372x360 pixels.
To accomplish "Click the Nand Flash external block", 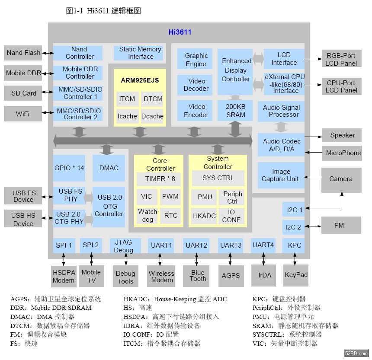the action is pyautogui.click(x=23, y=53).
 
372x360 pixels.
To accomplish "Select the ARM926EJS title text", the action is pyautogui.click(x=140, y=80).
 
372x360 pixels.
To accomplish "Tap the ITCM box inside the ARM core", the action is pyautogui.click(x=127, y=99).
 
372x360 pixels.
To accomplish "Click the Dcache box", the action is pyautogui.click(x=152, y=116).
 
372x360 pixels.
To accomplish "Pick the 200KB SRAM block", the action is pyautogui.click(x=235, y=111).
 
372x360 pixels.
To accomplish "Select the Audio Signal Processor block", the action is pyautogui.click(x=281, y=111).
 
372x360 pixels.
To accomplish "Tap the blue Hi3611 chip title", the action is pyautogui.click(x=180, y=32).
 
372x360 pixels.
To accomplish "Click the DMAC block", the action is pyautogui.click(x=109, y=168).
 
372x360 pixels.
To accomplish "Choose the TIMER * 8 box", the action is pyautogui.click(x=160, y=179).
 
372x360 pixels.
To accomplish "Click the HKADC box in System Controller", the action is pyautogui.click(x=204, y=216).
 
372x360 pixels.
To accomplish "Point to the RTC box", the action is pyautogui.click(x=171, y=216).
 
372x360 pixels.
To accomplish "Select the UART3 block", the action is pyautogui.click(x=231, y=245).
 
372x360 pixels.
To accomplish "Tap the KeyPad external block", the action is pyautogui.click(x=296, y=275).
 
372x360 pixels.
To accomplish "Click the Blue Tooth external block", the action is pyautogui.click(x=198, y=276).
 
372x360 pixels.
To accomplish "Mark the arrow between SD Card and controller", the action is pyautogui.click(x=48, y=92).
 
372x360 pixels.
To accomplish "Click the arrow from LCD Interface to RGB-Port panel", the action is pyautogui.click(x=313, y=59).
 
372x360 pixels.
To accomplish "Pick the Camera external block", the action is pyautogui.click(x=341, y=179).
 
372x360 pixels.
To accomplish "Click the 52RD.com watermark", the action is pyautogui.click(x=356, y=354).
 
